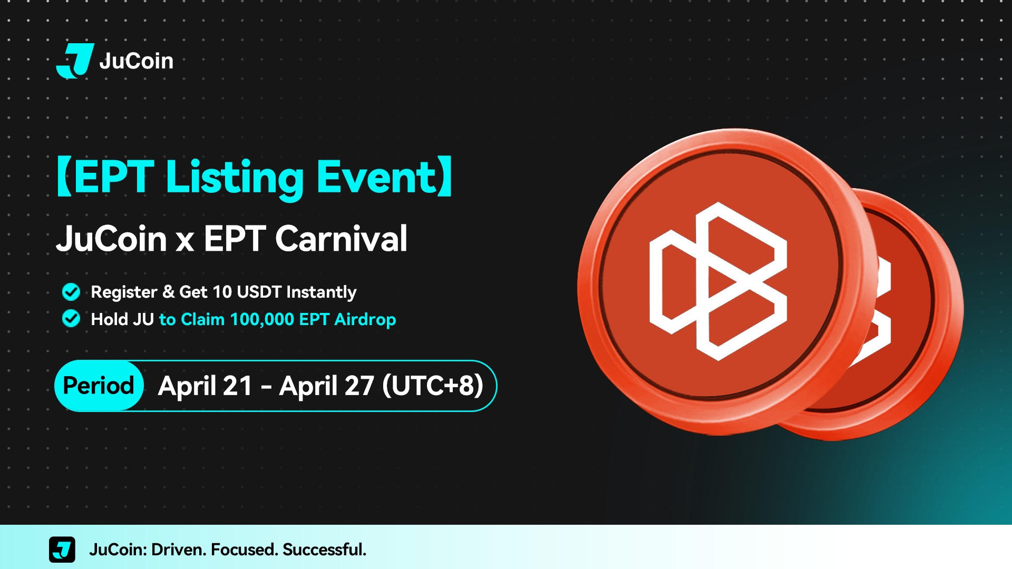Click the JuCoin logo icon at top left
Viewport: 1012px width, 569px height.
tap(75, 61)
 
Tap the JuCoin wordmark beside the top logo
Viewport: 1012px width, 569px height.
tap(137, 61)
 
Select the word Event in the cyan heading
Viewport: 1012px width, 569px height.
tap(376, 177)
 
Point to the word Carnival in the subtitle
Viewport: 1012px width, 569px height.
tap(341, 239)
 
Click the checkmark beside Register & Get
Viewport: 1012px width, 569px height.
tap(71, 291)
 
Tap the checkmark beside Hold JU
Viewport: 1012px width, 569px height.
tap(71, 319)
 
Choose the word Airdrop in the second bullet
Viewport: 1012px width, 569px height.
tap(365, 320)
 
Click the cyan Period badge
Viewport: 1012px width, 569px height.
tap(99, 386)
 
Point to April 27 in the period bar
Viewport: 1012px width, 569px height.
tap(327, 386)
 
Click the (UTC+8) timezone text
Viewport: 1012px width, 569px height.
tap(433, 386)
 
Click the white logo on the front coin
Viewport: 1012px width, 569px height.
tap(718, 281)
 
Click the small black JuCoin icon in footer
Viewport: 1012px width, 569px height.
tap(62, 550)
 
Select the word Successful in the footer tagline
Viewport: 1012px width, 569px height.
tap(324, 550)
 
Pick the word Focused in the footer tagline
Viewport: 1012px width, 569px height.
tap(244, 550)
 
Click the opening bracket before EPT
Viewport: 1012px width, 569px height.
tap(64, 176)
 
